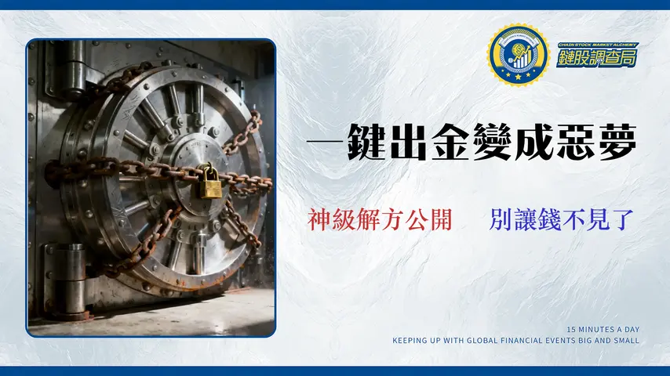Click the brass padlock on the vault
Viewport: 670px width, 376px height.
[x=208, y=182]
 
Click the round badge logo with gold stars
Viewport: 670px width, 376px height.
[x=518, y=55]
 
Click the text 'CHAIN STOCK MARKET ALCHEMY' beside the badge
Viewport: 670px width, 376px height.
[x=597, y=45]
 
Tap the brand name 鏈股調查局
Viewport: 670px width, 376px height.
[x=597, y=57]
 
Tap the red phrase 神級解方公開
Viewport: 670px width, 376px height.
[x=380, y=220]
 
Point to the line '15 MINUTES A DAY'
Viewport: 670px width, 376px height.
[x=603, y=330]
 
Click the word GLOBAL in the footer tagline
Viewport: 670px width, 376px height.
[x=492, y=340]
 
